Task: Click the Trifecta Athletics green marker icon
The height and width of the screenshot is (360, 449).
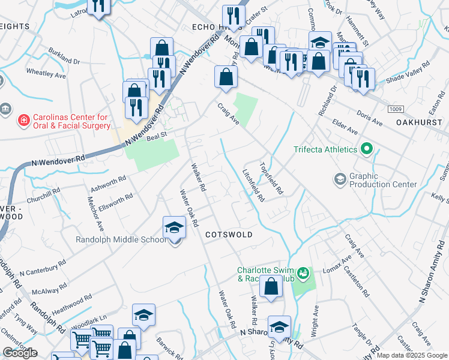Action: click(x=367, y=149)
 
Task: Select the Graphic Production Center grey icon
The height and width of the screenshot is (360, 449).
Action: click(x=340, y=179)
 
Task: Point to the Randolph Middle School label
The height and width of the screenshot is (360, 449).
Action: click(x=120, y=240)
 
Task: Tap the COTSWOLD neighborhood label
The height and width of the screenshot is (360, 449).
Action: click(x=229, y=234)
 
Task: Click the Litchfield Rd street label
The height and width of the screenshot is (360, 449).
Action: click(x=253, y=184)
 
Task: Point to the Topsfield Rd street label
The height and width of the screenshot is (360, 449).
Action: click(x=271, y=178)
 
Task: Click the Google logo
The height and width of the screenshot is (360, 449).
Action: click(x=20, y=353)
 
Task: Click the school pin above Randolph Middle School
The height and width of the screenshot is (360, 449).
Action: click(x=175, y=228)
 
